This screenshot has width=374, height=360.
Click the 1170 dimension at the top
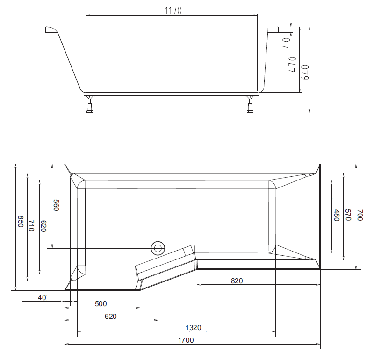[x=173, y=9]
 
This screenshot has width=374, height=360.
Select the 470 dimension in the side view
[x=292, y=64]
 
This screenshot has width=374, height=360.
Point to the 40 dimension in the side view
[x=286, y=43]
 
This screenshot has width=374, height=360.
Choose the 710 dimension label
[x=32, y=226]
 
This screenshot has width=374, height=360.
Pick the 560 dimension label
[x=56, y=205]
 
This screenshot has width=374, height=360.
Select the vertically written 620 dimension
[x=43, y=226]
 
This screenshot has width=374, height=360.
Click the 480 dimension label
[x=336, y=216]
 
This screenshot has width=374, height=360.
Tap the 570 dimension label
[x=348, y=215]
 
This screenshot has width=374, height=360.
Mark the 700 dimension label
[x=360, y=215]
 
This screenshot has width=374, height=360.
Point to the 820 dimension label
[x=237, y=281]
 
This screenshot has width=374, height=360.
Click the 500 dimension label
[x=101, y=304]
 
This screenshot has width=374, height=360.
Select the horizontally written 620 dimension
[x=110, y=316]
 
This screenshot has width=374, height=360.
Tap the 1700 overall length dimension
[x=186, y=340]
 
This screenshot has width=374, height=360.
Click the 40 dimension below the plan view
[x=43, y=297]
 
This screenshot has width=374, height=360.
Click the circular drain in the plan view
[x=158, y=248]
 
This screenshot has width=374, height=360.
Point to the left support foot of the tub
[x=90, y=105]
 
